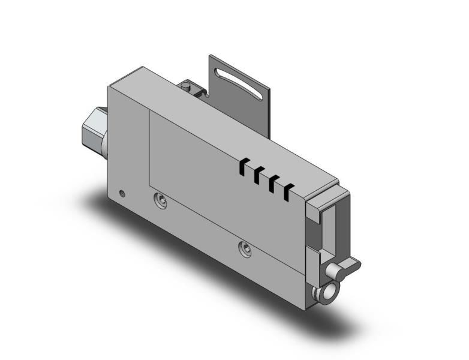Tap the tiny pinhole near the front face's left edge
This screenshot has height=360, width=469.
[x=122, y=193]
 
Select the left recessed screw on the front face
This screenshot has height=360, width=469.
[x=159, y=200]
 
